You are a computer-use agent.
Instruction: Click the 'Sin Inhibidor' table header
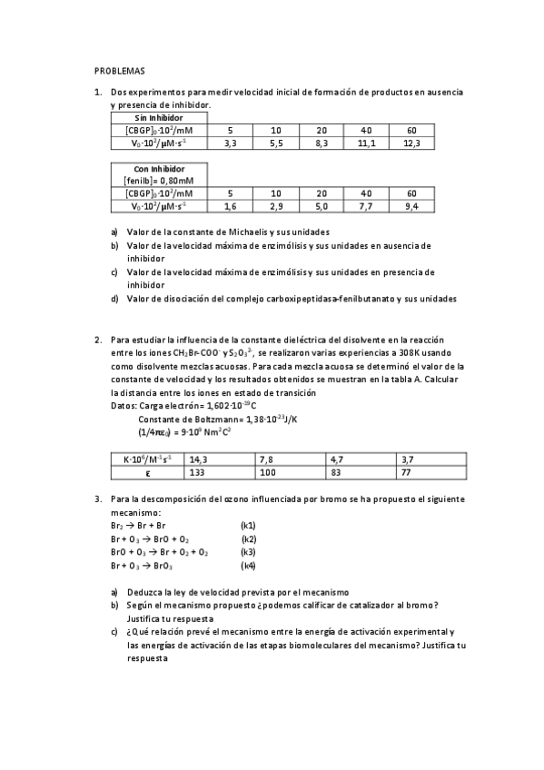click(159, 118)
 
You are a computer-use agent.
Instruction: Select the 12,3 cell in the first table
click(411, 143)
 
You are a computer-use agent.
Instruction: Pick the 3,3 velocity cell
click(230, 143)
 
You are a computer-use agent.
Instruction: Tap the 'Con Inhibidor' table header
click(159, 169)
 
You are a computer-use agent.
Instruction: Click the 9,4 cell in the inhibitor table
click(411, 207)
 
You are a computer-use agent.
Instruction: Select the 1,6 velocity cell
click(230, 207)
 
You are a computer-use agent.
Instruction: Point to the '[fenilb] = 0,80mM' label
click(159, 181)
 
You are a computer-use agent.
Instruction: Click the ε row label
click(147, 473)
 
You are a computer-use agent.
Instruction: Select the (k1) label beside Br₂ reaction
click(248, 526)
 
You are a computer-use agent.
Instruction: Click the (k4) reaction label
click(248, 566)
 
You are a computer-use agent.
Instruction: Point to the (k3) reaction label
click(248, 552)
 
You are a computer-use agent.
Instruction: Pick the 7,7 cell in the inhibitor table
click(366, 207)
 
